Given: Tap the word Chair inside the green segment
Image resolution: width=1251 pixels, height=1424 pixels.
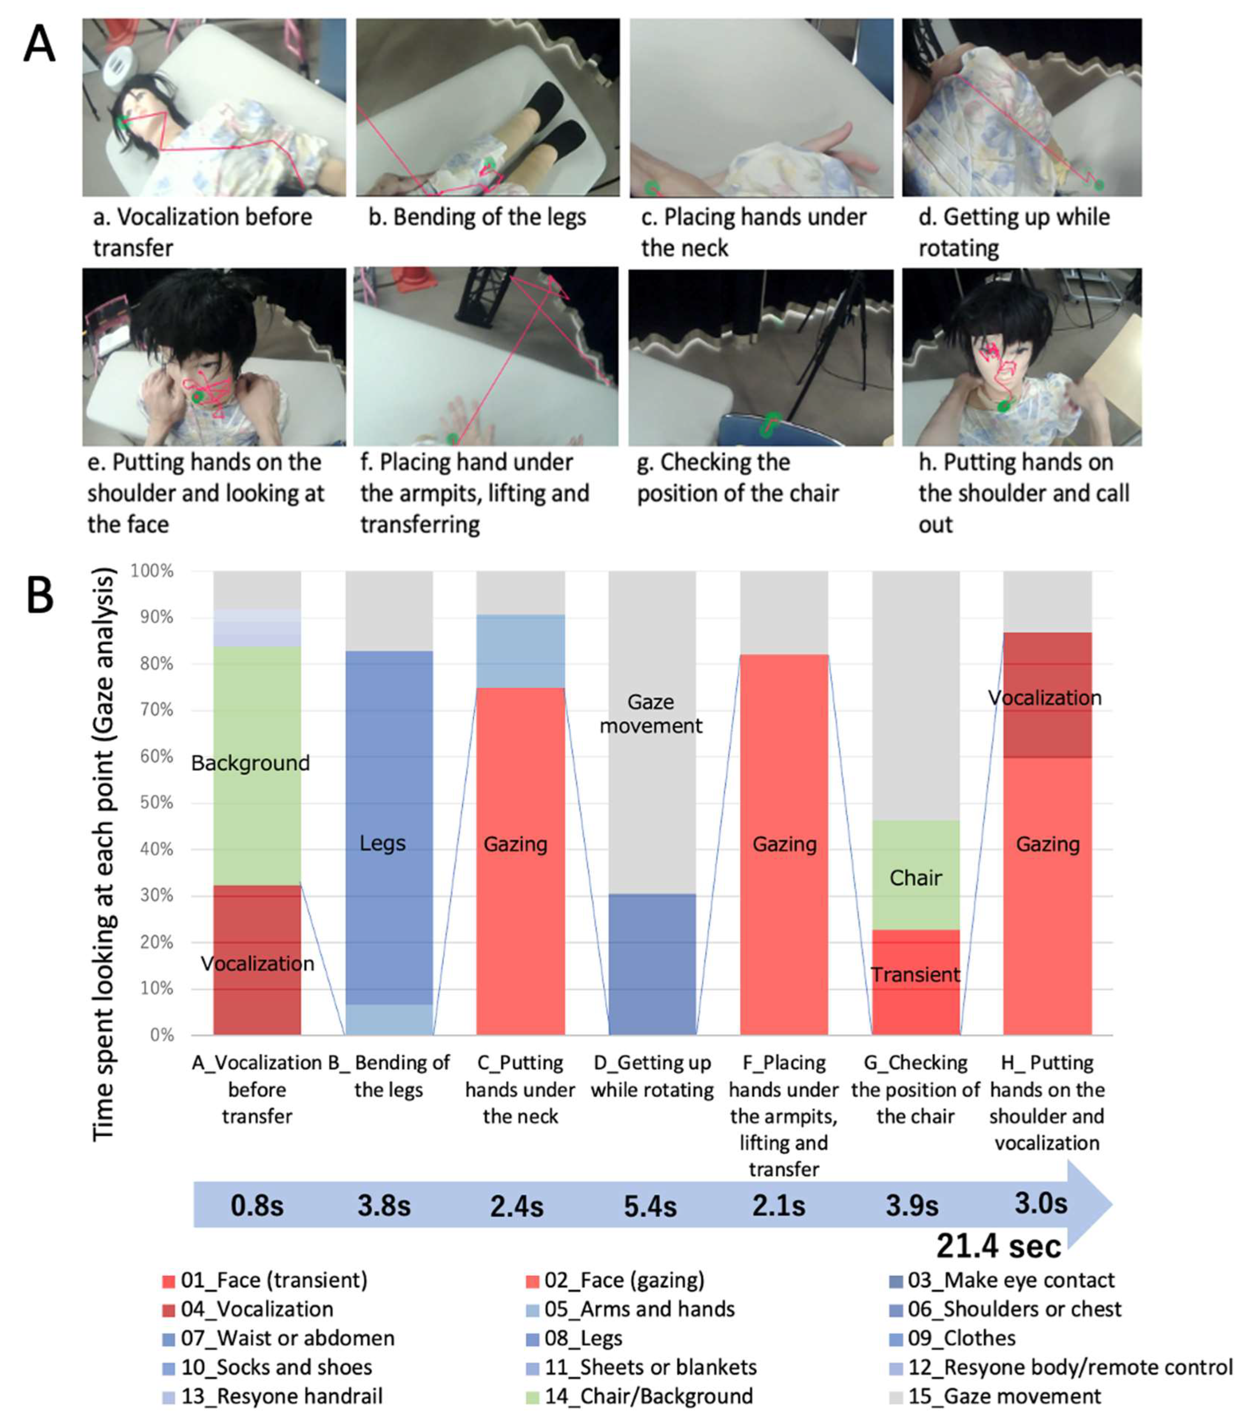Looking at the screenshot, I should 915,878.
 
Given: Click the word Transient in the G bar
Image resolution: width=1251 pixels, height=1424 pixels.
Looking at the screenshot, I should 915,975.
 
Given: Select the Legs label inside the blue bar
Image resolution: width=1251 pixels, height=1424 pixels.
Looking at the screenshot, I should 382,844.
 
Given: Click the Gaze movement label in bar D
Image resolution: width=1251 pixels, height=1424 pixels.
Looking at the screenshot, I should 651,713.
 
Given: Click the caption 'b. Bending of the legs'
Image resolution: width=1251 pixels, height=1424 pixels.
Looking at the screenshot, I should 477,217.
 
